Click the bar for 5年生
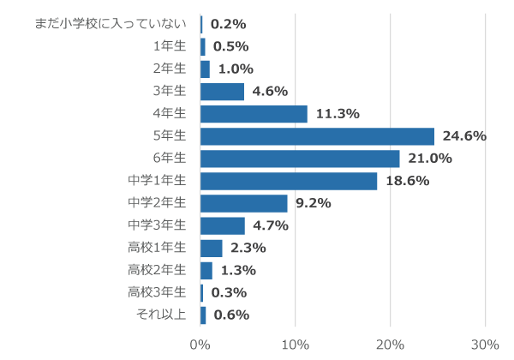(317, 136)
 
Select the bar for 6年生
(300, 159)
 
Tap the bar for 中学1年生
(289, 181)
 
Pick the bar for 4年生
(254, 114)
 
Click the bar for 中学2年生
(244, 203)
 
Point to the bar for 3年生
(222, 92)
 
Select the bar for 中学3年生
(223, 225)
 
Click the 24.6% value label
(463, 136)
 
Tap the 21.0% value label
(429, 159)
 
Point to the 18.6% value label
(406, 181)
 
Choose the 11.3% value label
(337, 114)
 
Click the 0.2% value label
(228, 24)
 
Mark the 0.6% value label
(231, 315)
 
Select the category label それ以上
(162, 315)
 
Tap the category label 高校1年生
(157, 248)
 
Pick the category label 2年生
(170, 69)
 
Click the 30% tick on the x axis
(485, 345)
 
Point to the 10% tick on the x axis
(295, 345)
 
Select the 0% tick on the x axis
(200, 345)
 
